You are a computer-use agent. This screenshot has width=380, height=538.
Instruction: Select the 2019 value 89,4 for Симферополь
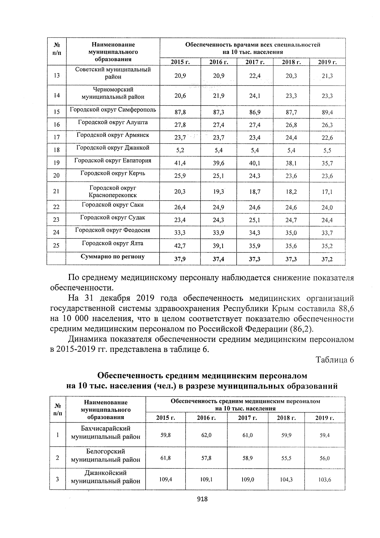tap(327, 112)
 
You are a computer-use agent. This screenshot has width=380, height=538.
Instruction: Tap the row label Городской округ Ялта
tap(112, 243)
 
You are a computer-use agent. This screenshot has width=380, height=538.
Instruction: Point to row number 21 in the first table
tap(56, 191)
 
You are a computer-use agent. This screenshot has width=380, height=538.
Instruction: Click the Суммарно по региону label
tap(112, 256)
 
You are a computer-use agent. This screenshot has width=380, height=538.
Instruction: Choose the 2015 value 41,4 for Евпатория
tap(180, 163)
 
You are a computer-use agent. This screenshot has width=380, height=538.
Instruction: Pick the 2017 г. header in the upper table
tap(255, 62)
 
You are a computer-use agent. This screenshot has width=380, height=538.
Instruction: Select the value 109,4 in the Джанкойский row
tap(166, 479)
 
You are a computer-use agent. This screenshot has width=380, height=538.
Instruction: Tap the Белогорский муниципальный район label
tap(106, 455)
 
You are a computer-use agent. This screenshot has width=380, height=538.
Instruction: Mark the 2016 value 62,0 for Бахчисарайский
tap(206, 435)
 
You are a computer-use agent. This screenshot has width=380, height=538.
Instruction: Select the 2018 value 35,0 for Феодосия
tap(291, 233)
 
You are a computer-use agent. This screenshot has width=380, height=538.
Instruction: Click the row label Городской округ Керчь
tap(112, 173)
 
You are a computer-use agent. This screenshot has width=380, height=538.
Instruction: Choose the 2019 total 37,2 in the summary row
tap(327, 259)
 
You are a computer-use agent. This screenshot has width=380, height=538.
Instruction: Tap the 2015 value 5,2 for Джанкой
tap(180, 150)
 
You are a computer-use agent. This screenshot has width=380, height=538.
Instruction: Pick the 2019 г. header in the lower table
tap(325, 418)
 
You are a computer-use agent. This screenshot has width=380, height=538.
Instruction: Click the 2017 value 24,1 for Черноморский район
tap(255, 96)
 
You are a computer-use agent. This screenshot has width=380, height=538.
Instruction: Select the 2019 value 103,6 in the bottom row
tap(325, 480)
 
